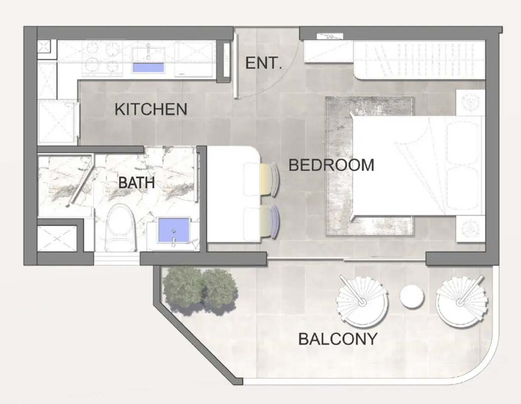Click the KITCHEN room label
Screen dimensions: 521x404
tap(151, 109)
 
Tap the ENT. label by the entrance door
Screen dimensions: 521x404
tap(264, 63)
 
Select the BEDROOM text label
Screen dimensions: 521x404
tap(331, 165)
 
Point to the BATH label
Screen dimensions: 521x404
tap(136, 183)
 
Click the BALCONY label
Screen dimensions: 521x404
tap(338, 339)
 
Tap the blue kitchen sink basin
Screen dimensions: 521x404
tap(149, 67)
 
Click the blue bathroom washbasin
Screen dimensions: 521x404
tap(174, 230)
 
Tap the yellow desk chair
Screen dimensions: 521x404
tap(270, 179)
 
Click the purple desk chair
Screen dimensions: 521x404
tap(270, 221)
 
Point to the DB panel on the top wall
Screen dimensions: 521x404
tap(330, 37)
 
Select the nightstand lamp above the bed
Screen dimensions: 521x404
tap(471, 103)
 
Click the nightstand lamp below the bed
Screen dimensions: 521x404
tap(471, 228)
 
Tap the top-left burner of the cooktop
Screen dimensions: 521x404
tap(92, 47)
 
